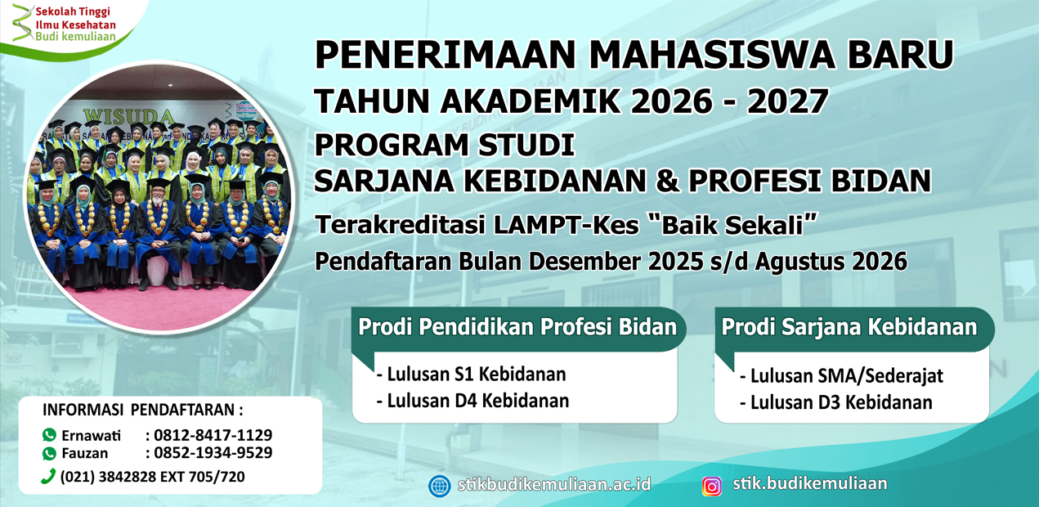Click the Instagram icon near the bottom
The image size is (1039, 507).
712,486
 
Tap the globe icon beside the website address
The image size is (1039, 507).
440,486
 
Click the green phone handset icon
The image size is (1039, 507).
48,477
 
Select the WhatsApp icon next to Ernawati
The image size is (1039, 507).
50,435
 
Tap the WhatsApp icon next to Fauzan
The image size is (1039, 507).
50,453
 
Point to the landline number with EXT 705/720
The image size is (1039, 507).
152,477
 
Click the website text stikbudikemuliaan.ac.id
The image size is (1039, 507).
554,484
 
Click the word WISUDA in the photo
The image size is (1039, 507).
129,115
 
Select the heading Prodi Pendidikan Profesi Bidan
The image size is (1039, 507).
517,327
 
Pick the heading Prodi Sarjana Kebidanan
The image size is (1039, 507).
849,327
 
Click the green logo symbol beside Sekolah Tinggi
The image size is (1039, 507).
21,23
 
